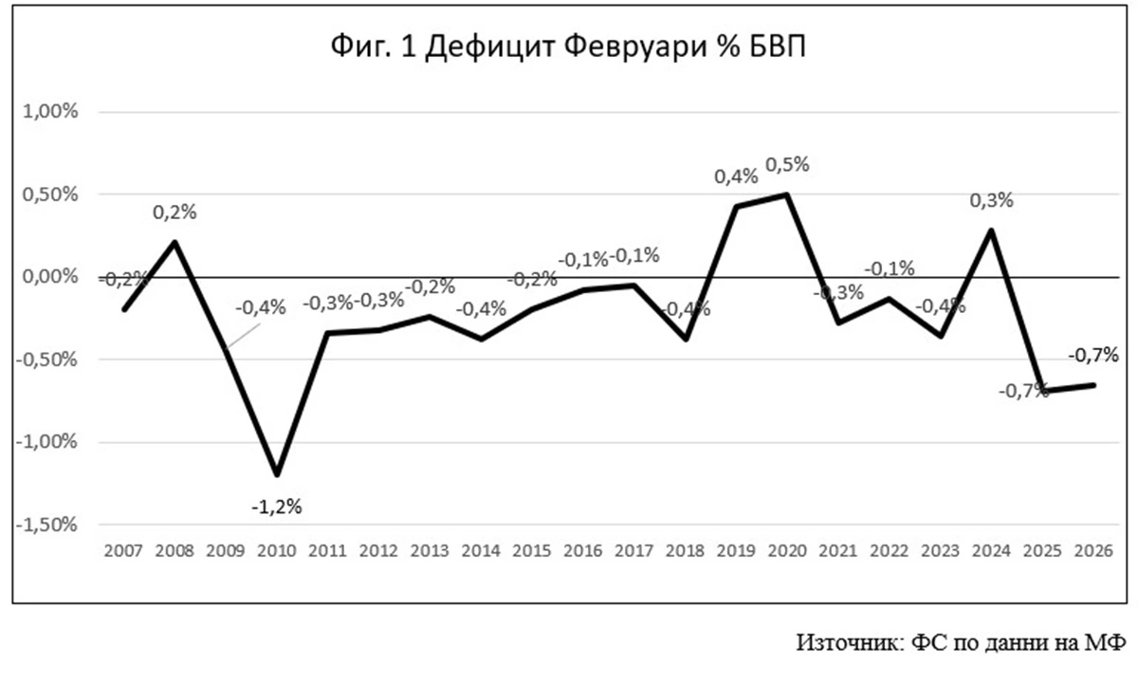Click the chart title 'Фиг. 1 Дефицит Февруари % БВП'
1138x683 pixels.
click(x=568, y=46)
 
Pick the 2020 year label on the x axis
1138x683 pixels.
click(x=789, y=551)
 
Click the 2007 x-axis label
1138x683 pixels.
click(x=123, y=551)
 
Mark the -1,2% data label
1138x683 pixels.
click(x=277, y=507)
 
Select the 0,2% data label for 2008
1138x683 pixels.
click(x=174, y=212)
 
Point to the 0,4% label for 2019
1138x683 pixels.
click(x=737, y=175)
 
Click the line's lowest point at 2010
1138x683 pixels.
click(x=277, y=474)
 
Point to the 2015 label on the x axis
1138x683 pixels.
click(x=533, y=551)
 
